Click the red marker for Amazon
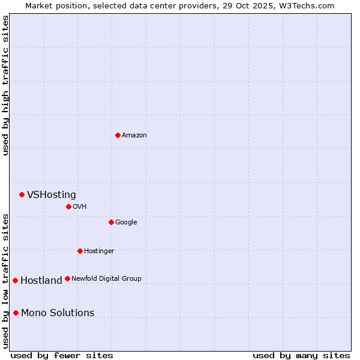[118, 135]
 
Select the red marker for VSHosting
[22, 194]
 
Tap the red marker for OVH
[68, 206]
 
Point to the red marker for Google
[111, 222]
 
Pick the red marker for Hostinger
[80, 251]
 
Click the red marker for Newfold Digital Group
[67, 278]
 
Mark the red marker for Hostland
[15, 280]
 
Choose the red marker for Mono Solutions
[16, 313]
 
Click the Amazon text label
[134, 135]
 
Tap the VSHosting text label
[52, 194]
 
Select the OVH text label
[80, 206]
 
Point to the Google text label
[126, 222]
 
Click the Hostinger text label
[99, 251]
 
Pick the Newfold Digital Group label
[106, 278]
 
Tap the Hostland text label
[41, 280]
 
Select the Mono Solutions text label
[58, 313]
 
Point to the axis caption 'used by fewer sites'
[62, 355]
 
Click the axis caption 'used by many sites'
[301, 355]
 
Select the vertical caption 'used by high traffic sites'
[5, 85]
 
